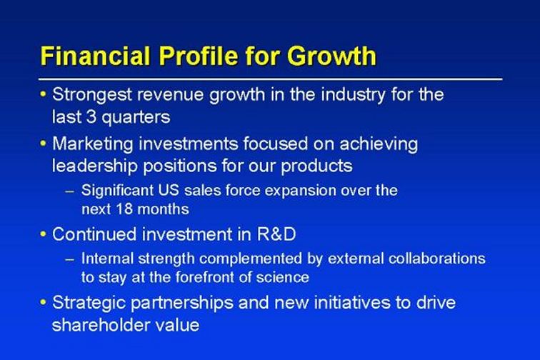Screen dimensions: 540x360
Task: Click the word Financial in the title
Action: pos(96,56)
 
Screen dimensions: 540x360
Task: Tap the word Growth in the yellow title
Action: pos(331,56)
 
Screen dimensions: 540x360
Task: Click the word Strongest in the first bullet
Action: pos(92,95)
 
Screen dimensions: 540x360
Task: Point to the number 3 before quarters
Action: pos(91,116)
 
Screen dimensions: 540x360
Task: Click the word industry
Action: pos(353,95)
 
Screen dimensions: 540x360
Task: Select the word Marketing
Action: pos(93,144)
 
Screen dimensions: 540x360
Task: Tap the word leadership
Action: pos(95,166)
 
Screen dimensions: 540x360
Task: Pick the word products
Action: pos(316,166)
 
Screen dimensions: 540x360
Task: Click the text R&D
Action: pos(276,234)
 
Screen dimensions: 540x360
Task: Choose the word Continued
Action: pos(94,234)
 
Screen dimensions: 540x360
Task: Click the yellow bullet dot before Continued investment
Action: pos(43,234)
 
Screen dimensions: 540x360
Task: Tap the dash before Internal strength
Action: pos(70,259)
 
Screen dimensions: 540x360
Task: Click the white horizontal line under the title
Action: pos(270,79)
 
